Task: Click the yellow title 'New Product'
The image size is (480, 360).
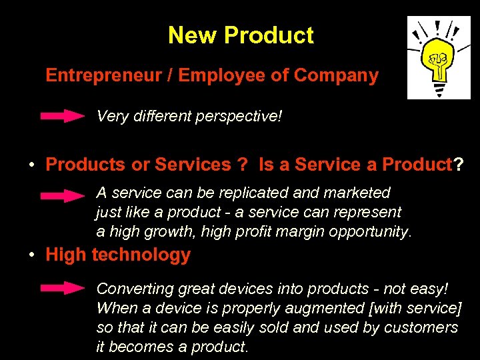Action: pos(241,35)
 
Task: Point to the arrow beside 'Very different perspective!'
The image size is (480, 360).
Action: pos(63,117)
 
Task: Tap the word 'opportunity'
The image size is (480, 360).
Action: pos(375,232)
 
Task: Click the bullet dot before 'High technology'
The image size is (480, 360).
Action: pos(32,256)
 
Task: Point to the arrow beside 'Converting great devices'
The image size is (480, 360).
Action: pos(63,289)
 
